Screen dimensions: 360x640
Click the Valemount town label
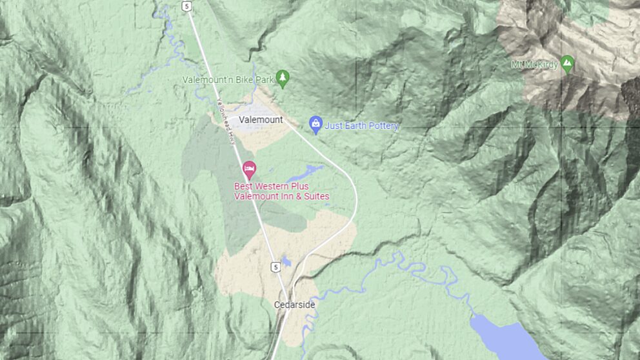pyautogui.click(x=261, y=120)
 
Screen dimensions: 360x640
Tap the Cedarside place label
pyautogui.click(x=294, y=305)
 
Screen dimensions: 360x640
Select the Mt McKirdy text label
pyautogui.click(x=533, y=65)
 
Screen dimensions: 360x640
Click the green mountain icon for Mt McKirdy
pyautogui.click(x=567, y=63)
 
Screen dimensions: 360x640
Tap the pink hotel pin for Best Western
pyautogui.click(x=249, y=170)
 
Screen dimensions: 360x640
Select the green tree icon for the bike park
pyautogui.click(x=282, y=79)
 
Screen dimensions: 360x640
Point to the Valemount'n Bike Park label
pyautogui.click(x=228, y=80)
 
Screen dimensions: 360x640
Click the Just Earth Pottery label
pyautogui.click(x=361, y=126)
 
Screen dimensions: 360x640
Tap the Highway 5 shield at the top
pyautogui.click(x=186, y=6)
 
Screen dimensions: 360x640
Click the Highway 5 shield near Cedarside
pyautogui.click(x=275, y=266)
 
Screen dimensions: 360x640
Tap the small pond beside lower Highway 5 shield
pyautogui.click(x=286, y=262)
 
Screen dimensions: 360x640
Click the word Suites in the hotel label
pyautogui.click(x=315, y=196)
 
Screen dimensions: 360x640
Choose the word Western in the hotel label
pyautogui.click(x=271, y=186)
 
